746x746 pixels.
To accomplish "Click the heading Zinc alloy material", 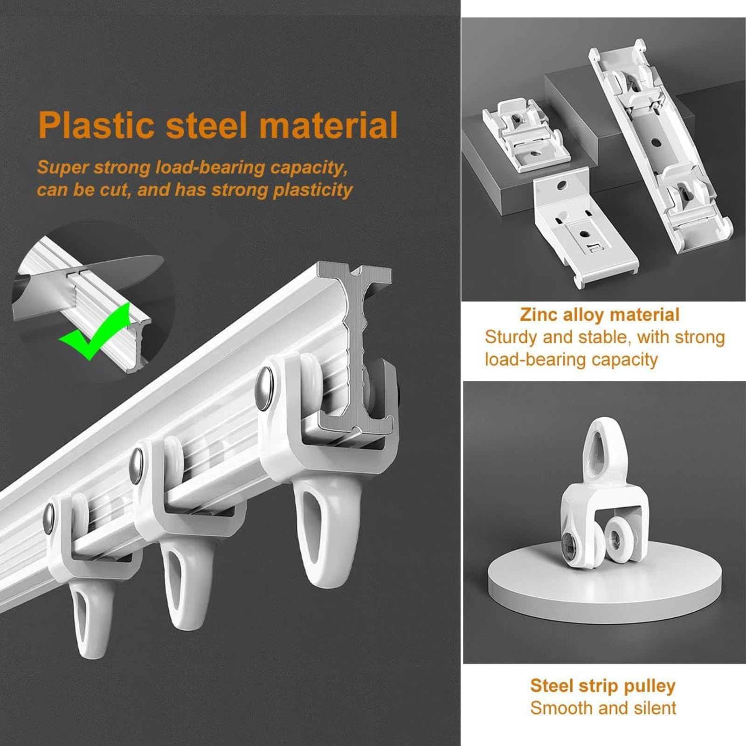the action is click(x=600, y=315).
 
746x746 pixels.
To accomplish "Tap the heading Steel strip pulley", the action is click(x=603, y=685).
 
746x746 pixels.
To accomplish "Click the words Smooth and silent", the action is click(x=603, y=708).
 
